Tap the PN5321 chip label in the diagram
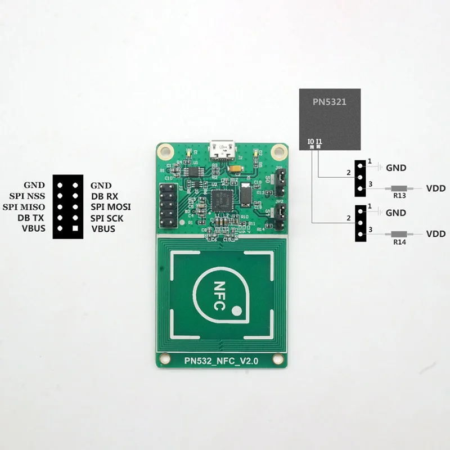329,102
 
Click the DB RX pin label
104,196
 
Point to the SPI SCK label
111,218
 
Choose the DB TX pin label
31,218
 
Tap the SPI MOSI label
111,207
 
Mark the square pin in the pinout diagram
74,228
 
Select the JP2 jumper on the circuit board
277,212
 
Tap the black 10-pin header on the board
169,204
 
